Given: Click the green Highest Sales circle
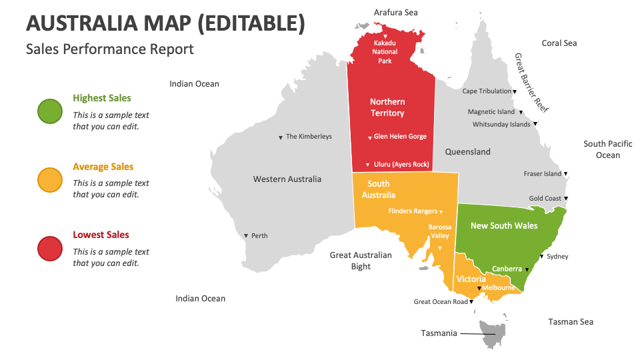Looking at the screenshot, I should pyautogui.click(x=50, y=111).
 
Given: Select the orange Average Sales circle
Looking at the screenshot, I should pyautogui.click(x=50, y=180).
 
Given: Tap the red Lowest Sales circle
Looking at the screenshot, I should pyautogui.click(x=50, y=248).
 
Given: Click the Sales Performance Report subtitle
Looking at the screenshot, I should pyautogui.click(x=110, y=49).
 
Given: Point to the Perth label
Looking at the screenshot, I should pyautogui.click(x=259, y=236).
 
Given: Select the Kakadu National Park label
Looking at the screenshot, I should pyautogui.click(x=385, y=52).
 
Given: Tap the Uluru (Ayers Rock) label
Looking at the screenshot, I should pyautogui.click(x=401, y=165).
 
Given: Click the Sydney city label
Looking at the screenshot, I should pyautogui.click(x=557, y=257).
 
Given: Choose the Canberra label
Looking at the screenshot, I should pyautogui.click(x=507, y=269).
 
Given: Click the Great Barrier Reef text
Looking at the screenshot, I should pyautogui.click(x=531, y=83).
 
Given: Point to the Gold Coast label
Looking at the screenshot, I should pyautogui.click(x=545, y=199).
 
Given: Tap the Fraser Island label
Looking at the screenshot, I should pyautogui.click(x=543, y=174).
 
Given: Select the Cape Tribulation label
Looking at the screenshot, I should pyautogui.click(x=487, y=91).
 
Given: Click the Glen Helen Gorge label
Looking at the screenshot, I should pyautogui.click(x=399, y=137).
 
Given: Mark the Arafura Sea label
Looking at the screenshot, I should pyautogui.click(x=396, y=12).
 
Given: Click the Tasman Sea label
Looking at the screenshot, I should pyautogui.click(x=571, y=322).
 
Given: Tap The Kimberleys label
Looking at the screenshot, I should pyautogui.click(x=308, y=137).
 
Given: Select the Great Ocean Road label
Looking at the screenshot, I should pyautogui.click(x=441, y=302).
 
